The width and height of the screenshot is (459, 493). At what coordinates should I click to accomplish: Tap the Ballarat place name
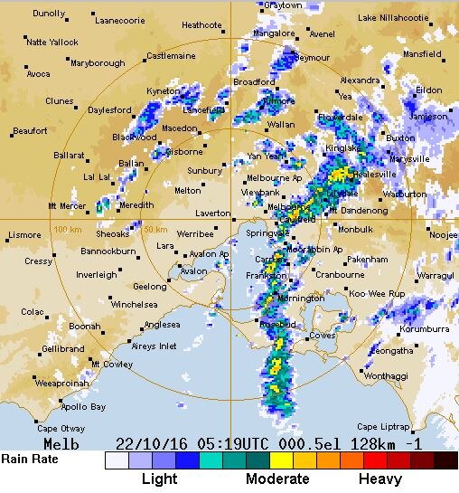[x=69, y=156]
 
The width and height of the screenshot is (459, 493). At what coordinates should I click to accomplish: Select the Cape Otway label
[x=60, y=428]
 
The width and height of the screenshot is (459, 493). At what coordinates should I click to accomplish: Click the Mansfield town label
[x=422, y=54]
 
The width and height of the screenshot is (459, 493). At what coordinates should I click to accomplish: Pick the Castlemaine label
[x=171, y=56]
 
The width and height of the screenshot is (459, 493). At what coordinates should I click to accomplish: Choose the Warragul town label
[x=435, y=274]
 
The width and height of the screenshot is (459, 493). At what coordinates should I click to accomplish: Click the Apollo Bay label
[x=85, y=407]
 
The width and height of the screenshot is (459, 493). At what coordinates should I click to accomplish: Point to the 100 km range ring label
[x=67, y=229]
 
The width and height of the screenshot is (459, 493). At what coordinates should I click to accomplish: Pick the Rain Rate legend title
[x=29, y=459]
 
